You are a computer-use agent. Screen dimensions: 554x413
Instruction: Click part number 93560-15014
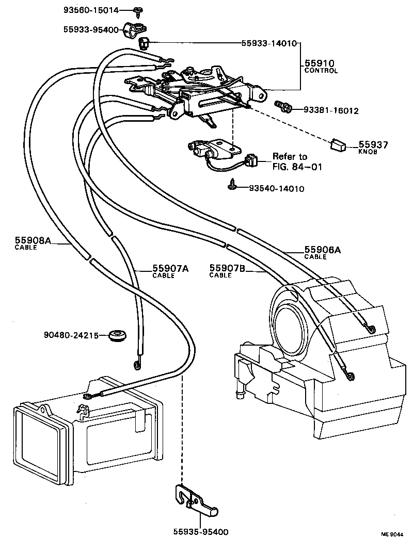point(91,10)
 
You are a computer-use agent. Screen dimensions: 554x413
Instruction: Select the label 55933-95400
point(91,30)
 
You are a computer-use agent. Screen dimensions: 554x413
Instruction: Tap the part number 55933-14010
point(268,43)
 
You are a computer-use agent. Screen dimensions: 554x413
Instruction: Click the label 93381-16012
point(330,110)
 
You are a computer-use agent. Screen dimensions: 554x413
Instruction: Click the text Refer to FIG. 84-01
point(290,161)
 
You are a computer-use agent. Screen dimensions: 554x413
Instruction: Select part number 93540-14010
point(276,189)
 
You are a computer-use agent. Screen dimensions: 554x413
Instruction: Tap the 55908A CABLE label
point(33,242)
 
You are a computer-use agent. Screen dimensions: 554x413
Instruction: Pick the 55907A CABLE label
point(170,271)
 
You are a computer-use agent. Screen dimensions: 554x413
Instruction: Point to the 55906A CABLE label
point(323,252)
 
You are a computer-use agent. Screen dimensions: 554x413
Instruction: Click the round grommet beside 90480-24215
point(119,335)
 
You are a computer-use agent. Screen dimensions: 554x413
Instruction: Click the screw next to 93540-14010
point(233,185)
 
